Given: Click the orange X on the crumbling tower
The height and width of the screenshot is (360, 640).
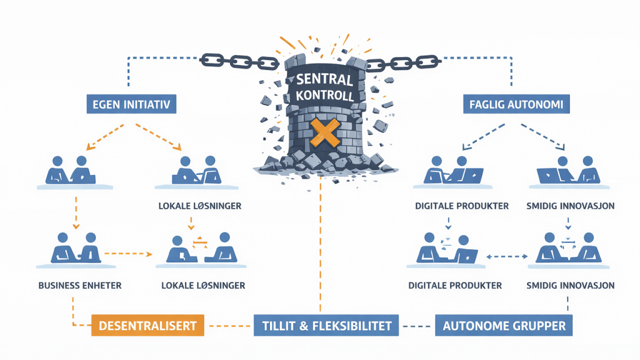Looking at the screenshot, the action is [325, 133].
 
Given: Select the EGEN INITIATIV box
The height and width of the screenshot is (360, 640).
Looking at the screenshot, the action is [131, 104].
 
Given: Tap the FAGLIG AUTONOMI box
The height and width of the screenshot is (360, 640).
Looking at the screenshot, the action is [516, 104].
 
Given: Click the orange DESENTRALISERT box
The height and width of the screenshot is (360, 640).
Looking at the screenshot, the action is [147, 325].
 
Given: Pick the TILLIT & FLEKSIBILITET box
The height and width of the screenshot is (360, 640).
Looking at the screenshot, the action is [326, 325].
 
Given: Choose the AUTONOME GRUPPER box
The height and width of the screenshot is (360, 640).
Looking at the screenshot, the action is [503, 325].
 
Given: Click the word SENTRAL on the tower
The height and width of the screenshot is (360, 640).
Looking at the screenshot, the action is [324, 79].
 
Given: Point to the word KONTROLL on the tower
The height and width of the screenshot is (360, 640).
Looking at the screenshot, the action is [325, 95].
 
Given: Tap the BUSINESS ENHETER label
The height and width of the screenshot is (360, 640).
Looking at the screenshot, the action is [80, 285].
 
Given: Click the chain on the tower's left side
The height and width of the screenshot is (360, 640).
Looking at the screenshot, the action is [239, 61].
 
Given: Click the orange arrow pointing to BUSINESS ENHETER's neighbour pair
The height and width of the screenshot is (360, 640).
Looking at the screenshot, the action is [128, 253].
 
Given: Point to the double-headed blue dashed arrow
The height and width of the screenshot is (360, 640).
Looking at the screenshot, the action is [507, 256].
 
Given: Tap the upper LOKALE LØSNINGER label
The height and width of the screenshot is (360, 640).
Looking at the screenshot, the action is [200, 206].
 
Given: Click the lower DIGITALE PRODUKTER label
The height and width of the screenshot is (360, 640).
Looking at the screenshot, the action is [455, 285].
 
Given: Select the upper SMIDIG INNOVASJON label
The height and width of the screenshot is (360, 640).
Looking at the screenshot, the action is [570, 206].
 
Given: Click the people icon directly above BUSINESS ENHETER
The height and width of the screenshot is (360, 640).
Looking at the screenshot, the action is [76, 248].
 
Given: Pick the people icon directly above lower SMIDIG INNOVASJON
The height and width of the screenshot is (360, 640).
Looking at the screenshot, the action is [568, 248].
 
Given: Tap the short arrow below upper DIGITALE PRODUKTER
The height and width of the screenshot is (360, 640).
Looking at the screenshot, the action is [448, 223].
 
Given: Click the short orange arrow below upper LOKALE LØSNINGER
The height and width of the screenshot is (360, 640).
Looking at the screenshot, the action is [191, 223].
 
